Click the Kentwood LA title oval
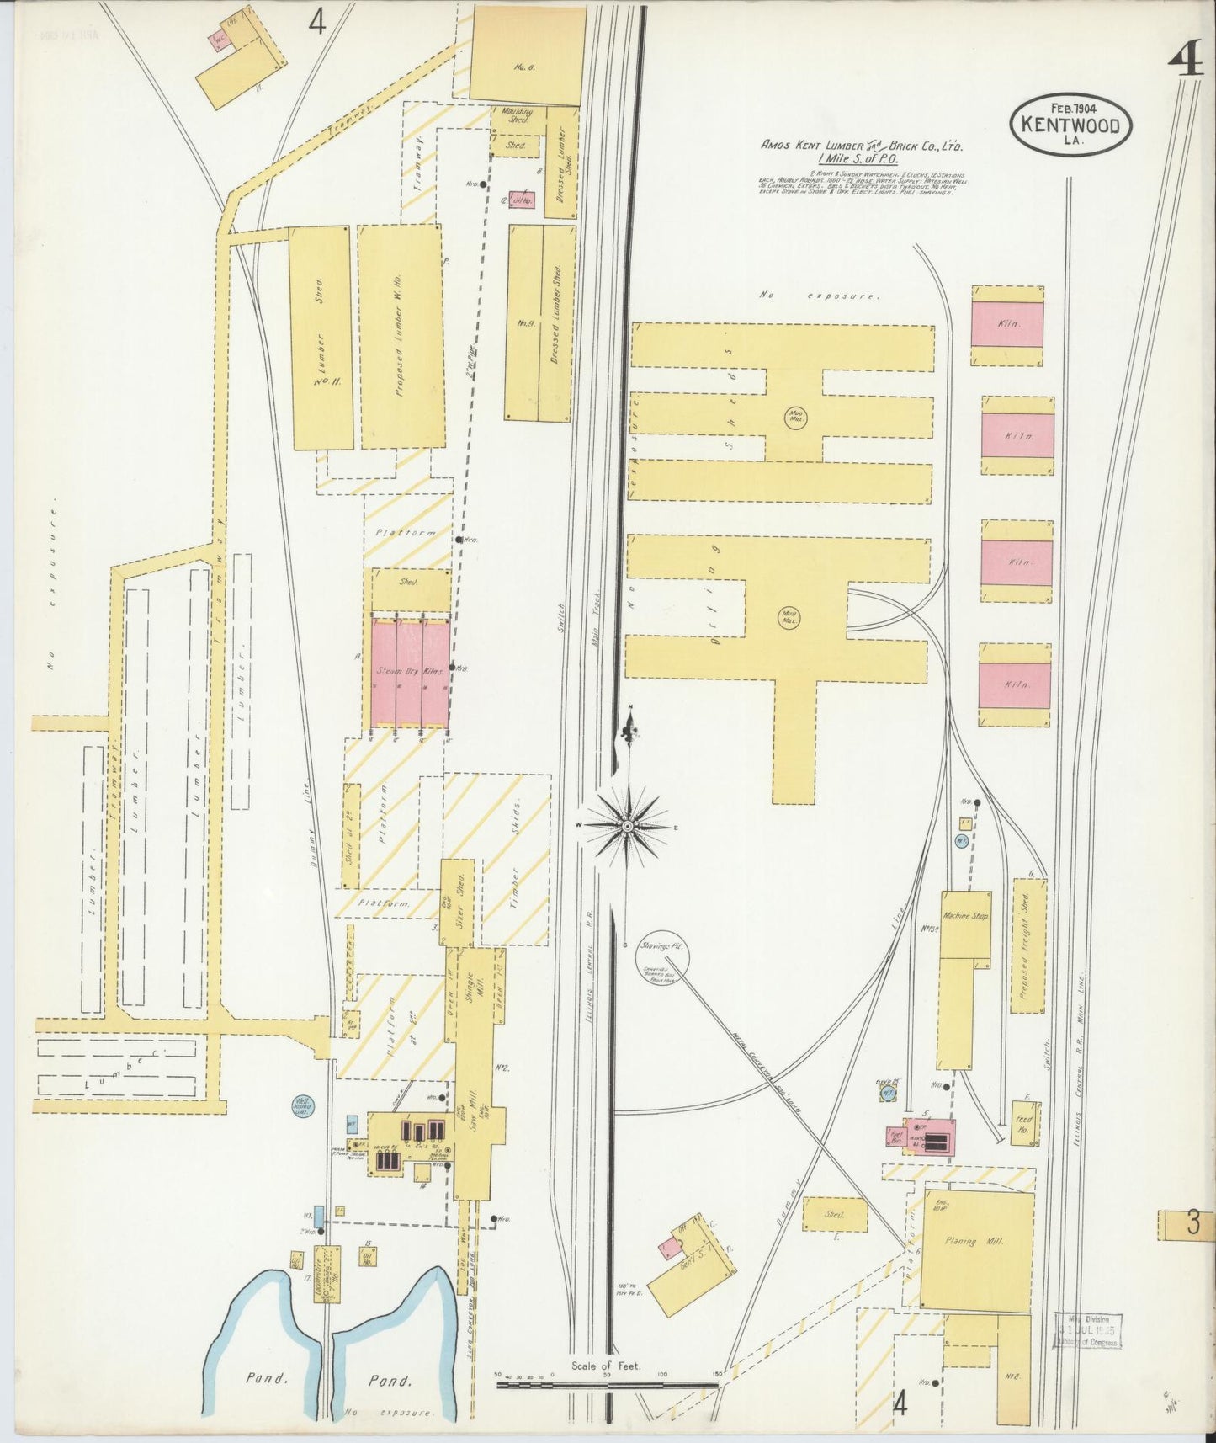pyautogui.click(x=1070, y=125)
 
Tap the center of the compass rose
pyautogui.click(x=627, y=827)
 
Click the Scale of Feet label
pyautogui.click(x=605, y=1366)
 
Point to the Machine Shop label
pyautogui.click(x=966, y=915)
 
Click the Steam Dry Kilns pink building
pyautogui.click(x=410, y=673)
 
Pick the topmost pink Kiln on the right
pyautogui.click(x=1007, y=324)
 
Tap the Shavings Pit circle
pyautogui.click(x=664, y=946)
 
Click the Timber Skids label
pyautogui.click(x=515, y=859)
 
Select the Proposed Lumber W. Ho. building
pyautogui.click(x=401, y=337)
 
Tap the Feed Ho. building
pyautogui.click(x=1024, y=1124)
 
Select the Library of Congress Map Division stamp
pyautogui.click(x=1086, y=1330)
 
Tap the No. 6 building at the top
pyautogui.click(x=527, y=56)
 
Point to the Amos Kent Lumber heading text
pyautogui.click(x=862, y=146)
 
